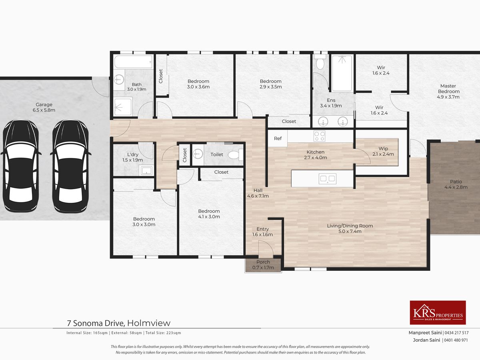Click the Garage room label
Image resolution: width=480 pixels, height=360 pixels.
tap(44, 107)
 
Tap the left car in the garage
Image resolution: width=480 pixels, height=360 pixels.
tap(21, 166)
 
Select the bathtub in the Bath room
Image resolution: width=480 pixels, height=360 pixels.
tap(133, 62)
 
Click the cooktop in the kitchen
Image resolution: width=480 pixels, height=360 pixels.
tap(319, 136)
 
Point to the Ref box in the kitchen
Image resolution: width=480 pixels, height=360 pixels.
tap(278, 138)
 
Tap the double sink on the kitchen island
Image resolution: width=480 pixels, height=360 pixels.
tap(327, 179)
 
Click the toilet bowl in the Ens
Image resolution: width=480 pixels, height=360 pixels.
tap(320, 62)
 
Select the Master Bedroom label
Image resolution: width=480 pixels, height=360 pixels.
tap(448, 91)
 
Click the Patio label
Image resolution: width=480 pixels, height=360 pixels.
tap(456, 184)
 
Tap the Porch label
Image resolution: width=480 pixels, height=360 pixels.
tap(263, 265)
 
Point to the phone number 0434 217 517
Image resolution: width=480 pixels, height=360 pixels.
tap(457, 333)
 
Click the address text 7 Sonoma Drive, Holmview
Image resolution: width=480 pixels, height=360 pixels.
tap(118, 323)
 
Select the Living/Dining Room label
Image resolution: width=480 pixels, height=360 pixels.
tap(350, 228)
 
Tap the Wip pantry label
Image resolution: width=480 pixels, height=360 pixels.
tap(383, 151)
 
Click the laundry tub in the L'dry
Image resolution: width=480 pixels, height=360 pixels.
tap(146, 170)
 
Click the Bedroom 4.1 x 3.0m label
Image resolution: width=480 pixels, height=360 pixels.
tap(209, 214)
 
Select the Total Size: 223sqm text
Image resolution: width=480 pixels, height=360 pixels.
tap(163, 333)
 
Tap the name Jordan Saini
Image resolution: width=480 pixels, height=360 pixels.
tap(426, 340)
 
